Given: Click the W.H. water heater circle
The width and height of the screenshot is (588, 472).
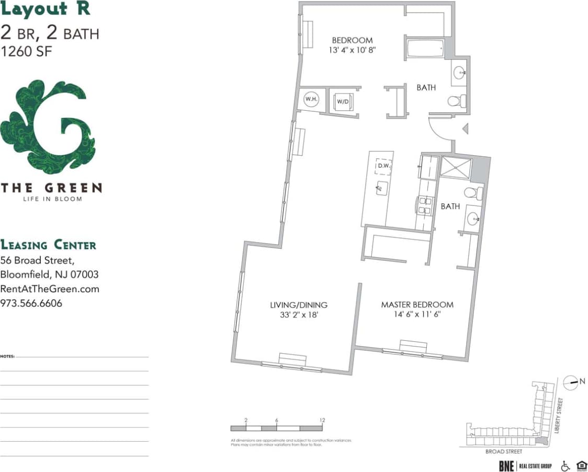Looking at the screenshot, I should pos(311,99).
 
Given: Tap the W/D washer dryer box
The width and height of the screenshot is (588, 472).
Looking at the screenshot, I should pos(343,100).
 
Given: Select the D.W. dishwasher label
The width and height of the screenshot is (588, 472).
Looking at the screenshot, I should pos(384,166).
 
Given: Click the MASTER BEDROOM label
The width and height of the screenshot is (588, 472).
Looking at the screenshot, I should pos(417,305).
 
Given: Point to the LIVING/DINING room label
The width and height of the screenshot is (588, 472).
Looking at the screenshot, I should pos(299,305).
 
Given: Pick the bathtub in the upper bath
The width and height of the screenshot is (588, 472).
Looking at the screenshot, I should pos(425,49).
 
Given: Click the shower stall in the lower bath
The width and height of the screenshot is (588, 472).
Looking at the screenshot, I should pos(456,167).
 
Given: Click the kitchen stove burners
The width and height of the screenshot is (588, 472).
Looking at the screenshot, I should pos(424,204).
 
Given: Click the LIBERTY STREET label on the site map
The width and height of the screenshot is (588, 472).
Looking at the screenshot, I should pos(560,416).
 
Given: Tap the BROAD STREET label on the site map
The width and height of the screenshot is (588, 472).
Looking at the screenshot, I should pos(504,451).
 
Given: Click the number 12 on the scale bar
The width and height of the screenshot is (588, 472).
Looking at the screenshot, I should pos(323,420).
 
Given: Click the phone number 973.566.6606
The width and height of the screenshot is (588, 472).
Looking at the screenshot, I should pos(31,303).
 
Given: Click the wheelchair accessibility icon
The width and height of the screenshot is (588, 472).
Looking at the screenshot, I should pos(565,465).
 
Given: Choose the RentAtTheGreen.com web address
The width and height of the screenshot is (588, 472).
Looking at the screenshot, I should pos(50,289).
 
